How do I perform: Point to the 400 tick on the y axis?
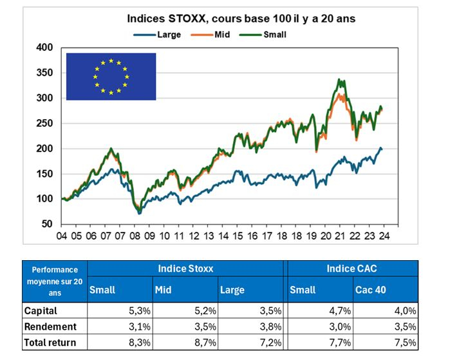44,48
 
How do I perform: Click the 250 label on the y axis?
44,123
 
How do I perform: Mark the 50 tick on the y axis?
47,224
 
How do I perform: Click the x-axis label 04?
61,236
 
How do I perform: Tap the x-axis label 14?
223,236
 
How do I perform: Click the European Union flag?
111,77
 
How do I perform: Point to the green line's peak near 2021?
340,80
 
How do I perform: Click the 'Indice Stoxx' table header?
187,267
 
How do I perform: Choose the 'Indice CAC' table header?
352,267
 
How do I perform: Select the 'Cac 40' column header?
370,290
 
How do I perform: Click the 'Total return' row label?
50,342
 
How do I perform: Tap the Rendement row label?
50,326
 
